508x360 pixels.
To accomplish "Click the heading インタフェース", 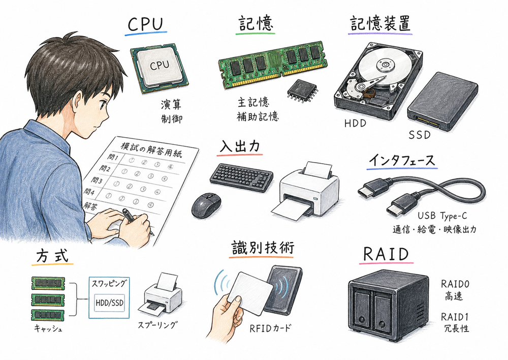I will click(401, 161).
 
